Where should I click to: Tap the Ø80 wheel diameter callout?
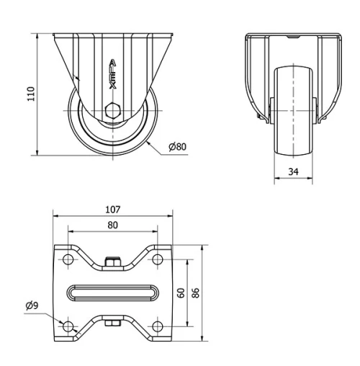coord(177,147)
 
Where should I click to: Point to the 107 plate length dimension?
coord(112,210)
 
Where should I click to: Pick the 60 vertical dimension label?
coord(181,293)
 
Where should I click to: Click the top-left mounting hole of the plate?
coord(68,259)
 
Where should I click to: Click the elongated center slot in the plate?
coord(112,293)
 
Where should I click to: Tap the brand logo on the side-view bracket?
coord(112,73)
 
